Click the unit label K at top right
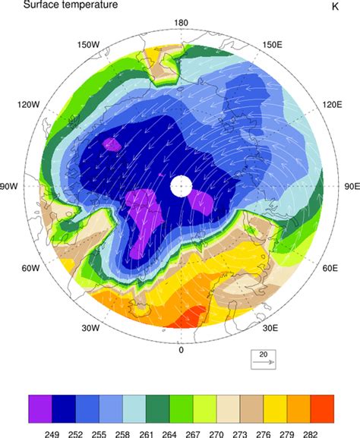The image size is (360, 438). [335, 7]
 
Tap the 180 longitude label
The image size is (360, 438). [181, 23]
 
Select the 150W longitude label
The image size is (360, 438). [90, 45]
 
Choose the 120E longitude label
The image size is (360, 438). [334, 105]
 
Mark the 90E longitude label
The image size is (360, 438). [352, 186]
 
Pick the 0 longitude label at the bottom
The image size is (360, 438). [181, 350]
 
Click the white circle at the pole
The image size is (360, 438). [181, 186]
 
